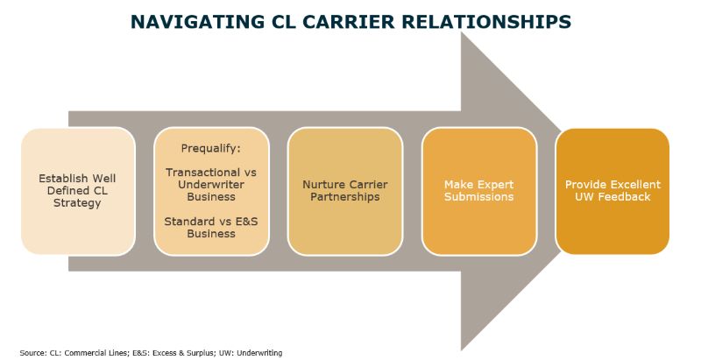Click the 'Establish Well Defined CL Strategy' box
[78, 191]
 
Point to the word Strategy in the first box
[77, 203]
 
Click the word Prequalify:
[210, 148]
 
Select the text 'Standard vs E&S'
[211, 222]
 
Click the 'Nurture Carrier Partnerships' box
[345, 191]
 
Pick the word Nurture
[320, 185]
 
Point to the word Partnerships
[345, 197]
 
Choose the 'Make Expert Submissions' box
[478, 191]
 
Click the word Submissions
[478, 197]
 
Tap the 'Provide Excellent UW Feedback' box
[612, 191]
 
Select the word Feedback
[623, 197]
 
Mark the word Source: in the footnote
[32, 353]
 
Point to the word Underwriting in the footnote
[259, 353]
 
